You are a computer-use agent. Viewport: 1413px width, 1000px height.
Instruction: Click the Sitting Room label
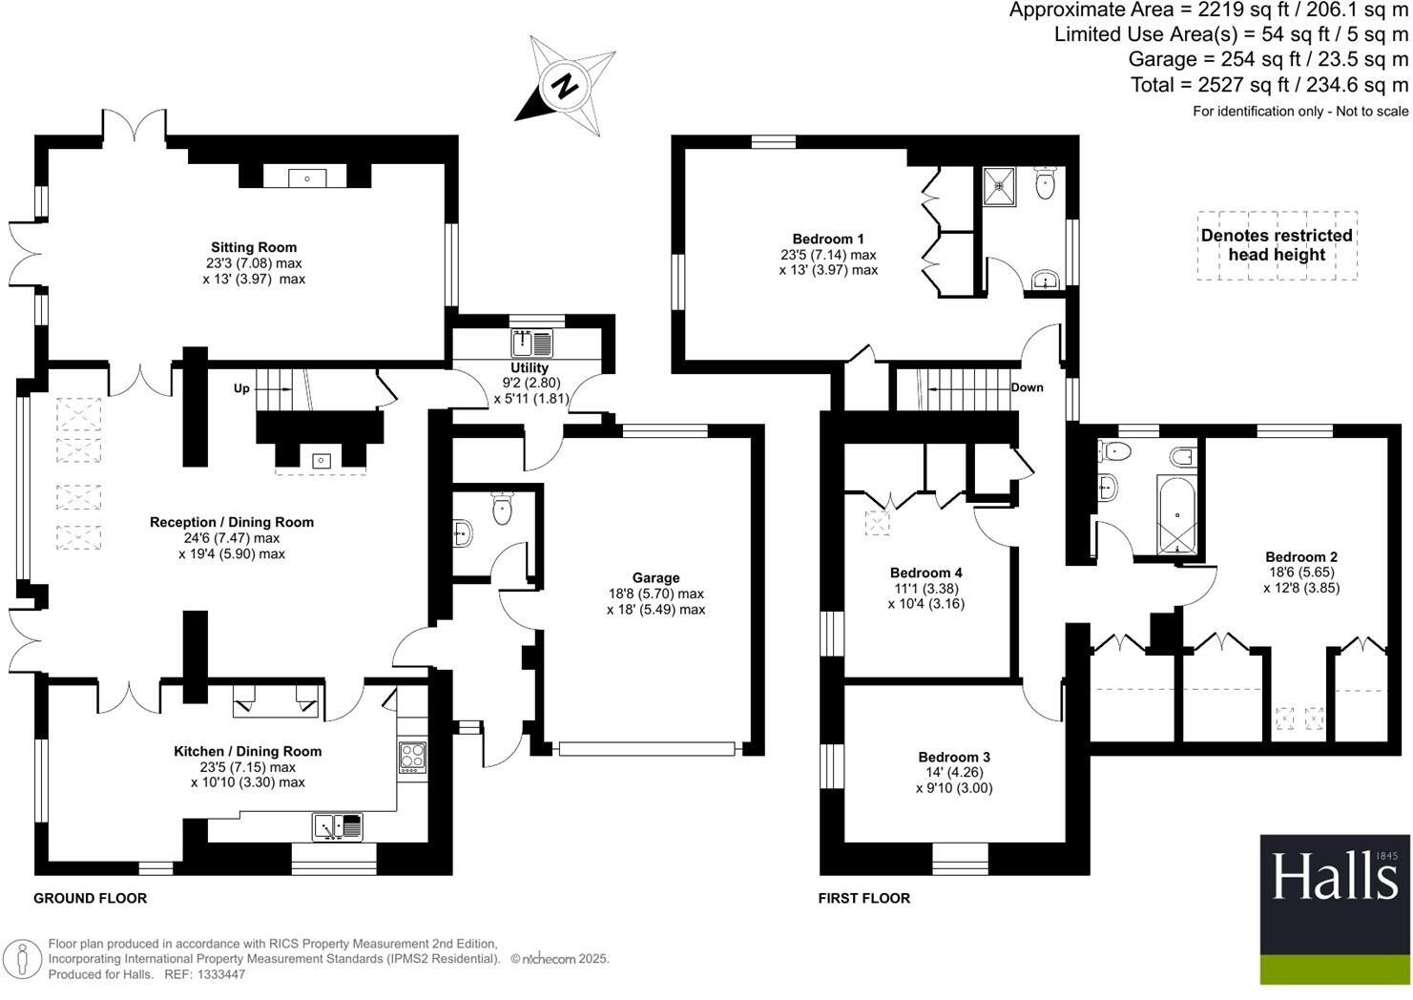[x=254, y=247]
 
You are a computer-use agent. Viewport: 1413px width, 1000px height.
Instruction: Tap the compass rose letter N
[x=566, y=86]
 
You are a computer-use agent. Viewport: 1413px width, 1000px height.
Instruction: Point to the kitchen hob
[x=412, y=756]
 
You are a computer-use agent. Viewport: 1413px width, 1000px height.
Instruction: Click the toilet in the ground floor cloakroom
[x=502, y=509]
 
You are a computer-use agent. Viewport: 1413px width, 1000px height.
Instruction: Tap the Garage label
[x=655, y=577]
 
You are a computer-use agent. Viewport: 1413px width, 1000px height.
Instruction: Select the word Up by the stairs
[x=242, y=388]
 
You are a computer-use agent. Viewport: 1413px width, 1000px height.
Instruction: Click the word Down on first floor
[x=1027, y=387]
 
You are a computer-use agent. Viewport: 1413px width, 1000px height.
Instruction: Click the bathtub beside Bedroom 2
[x=1175, y=513]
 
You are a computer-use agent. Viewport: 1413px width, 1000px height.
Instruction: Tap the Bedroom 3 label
[x=953, y=757]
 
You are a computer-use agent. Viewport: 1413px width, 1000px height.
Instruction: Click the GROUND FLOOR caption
[x=91, y=898]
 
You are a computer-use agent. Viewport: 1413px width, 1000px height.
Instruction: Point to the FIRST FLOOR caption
[x=864, y=898]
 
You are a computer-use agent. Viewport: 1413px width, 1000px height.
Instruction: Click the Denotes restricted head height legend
[x=1277, y=245]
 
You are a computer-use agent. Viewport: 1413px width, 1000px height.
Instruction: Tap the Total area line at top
[x=1269, y=85]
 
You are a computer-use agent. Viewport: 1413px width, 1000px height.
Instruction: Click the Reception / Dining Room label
[x=232, y=522]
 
